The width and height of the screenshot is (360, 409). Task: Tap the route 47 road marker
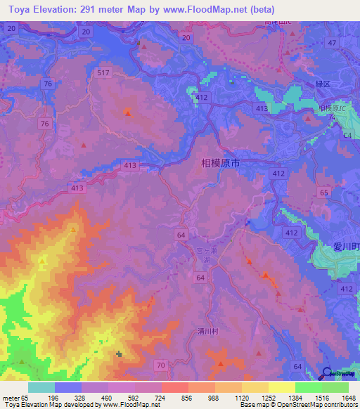pos(332,43)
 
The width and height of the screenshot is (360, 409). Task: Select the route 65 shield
pos(324,192)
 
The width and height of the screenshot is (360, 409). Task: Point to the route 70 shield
pos(161,365)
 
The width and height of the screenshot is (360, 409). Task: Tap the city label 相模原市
pos(221,163)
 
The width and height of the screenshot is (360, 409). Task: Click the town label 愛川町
pos(346,247)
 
